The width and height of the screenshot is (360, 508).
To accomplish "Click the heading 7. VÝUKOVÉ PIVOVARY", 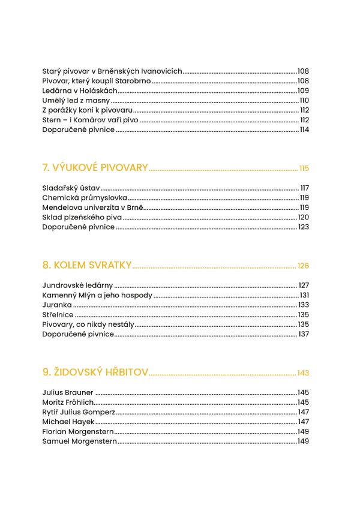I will coord(95,167).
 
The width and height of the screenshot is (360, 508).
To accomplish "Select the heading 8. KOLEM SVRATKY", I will coord(87,265).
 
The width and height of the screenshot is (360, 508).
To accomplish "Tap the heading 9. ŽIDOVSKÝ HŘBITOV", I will coord(95,372).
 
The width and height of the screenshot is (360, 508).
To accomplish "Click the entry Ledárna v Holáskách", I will coord(80,91).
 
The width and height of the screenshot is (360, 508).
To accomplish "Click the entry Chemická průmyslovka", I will coord(85,197).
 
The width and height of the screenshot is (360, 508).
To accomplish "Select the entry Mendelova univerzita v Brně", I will coord(93,208).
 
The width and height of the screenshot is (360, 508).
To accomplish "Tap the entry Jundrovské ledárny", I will coord(78,285).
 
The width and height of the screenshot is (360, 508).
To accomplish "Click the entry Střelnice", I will coord(58,314).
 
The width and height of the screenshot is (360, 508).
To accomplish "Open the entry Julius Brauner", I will coord(68,392).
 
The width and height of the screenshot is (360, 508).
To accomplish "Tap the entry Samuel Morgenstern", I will coord(80,441).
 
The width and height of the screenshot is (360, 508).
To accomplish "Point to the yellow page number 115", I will coord(304,168).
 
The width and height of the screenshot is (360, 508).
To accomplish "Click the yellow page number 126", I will coord(303,266).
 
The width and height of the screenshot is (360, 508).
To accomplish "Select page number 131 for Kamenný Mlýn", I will coord(304,295).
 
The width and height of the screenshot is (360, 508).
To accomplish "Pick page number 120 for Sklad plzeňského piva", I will coord(304,217).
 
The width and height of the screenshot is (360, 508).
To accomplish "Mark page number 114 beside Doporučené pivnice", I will coord(304,130).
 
